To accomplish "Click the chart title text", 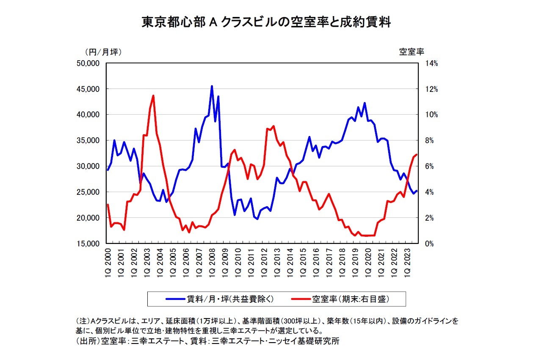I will tap(266, 22).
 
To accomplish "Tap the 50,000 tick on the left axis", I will tap(89, 63).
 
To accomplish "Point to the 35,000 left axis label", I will tap(89, 141).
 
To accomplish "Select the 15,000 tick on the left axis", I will tap(89, 244).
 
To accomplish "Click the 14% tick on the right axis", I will tap(431, 63).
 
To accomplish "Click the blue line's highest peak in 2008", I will tap(212, 86).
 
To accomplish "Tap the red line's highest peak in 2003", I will tap(153, 96).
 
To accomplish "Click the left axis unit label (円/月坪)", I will tap(104, 52).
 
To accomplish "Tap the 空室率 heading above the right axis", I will tap(411, 52).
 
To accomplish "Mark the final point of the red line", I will tap(417, 155).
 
